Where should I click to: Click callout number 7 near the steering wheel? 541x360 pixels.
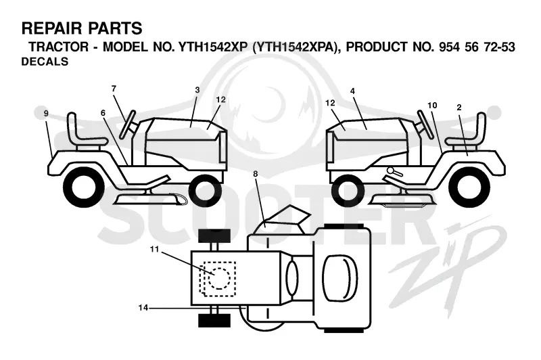click(x=114, y=89)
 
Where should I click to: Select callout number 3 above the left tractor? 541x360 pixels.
click(x=197, y=90)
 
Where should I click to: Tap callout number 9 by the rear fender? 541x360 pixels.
click(x=46, y=113)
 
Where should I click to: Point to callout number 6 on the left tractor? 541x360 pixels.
click(x=103, y=113)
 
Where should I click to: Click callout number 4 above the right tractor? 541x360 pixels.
click(x=352, y=91)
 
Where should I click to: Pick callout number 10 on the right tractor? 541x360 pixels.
click(x=432, y=106)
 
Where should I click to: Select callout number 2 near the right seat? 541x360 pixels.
click(x=459, y=108)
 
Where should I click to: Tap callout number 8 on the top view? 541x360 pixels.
click(x=256, y=174)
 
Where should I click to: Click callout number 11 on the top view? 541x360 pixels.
click(x=155, y=249)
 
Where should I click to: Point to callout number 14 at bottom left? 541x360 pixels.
click(x=143, y=307)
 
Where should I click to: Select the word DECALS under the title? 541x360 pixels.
click(x=45, y=62)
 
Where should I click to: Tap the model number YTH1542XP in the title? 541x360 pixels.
click(x=213, y=47)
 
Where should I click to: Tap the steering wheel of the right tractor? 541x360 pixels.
click(x=425, y=125)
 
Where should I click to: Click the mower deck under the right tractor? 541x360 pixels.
click(x=401, y=200)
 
